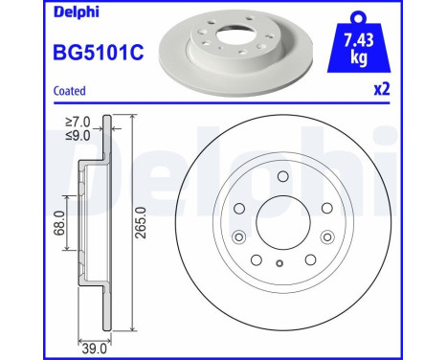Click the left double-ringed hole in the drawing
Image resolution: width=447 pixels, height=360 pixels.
[238, 236]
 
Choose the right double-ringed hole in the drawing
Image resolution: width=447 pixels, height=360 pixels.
[325, 236]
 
